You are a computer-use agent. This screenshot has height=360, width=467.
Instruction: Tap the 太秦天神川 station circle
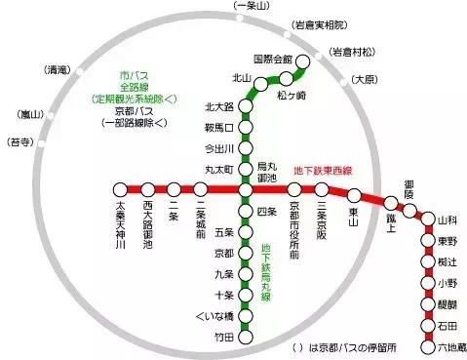(121, 189)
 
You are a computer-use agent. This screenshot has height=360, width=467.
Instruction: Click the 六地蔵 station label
(448, 347)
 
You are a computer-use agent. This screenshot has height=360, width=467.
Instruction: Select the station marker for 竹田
(247, 338)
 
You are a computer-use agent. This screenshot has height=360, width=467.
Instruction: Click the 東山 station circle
(354, 196)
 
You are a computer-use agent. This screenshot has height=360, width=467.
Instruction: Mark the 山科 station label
(448, 221)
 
